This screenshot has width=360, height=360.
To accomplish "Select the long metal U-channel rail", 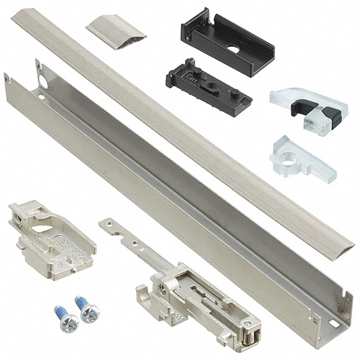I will (169, 197).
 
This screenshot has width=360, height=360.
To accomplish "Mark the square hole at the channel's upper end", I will (40, 97).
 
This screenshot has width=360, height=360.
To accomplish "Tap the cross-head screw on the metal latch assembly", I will (163, 288).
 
